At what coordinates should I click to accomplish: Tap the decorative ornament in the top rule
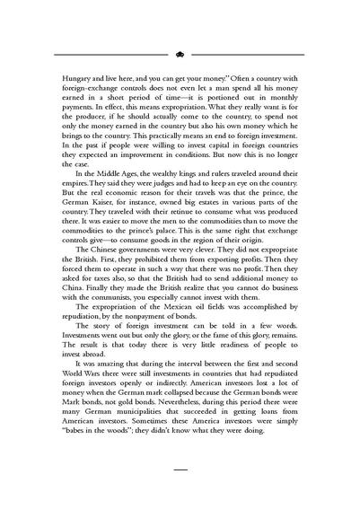[x=180, y=53]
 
